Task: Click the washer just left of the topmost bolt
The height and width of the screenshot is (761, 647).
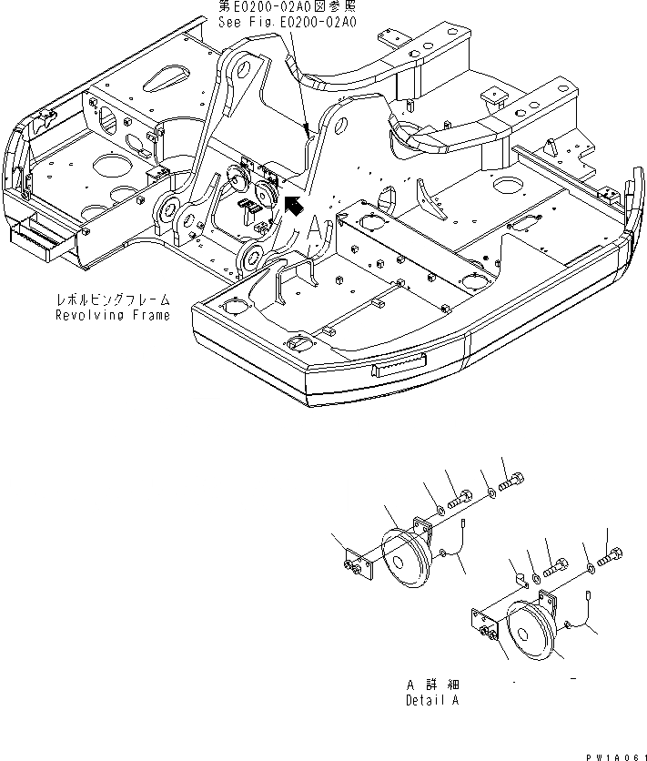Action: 490,492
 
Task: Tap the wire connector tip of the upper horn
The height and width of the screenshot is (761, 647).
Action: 463,522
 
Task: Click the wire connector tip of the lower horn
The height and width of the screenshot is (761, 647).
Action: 588,594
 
